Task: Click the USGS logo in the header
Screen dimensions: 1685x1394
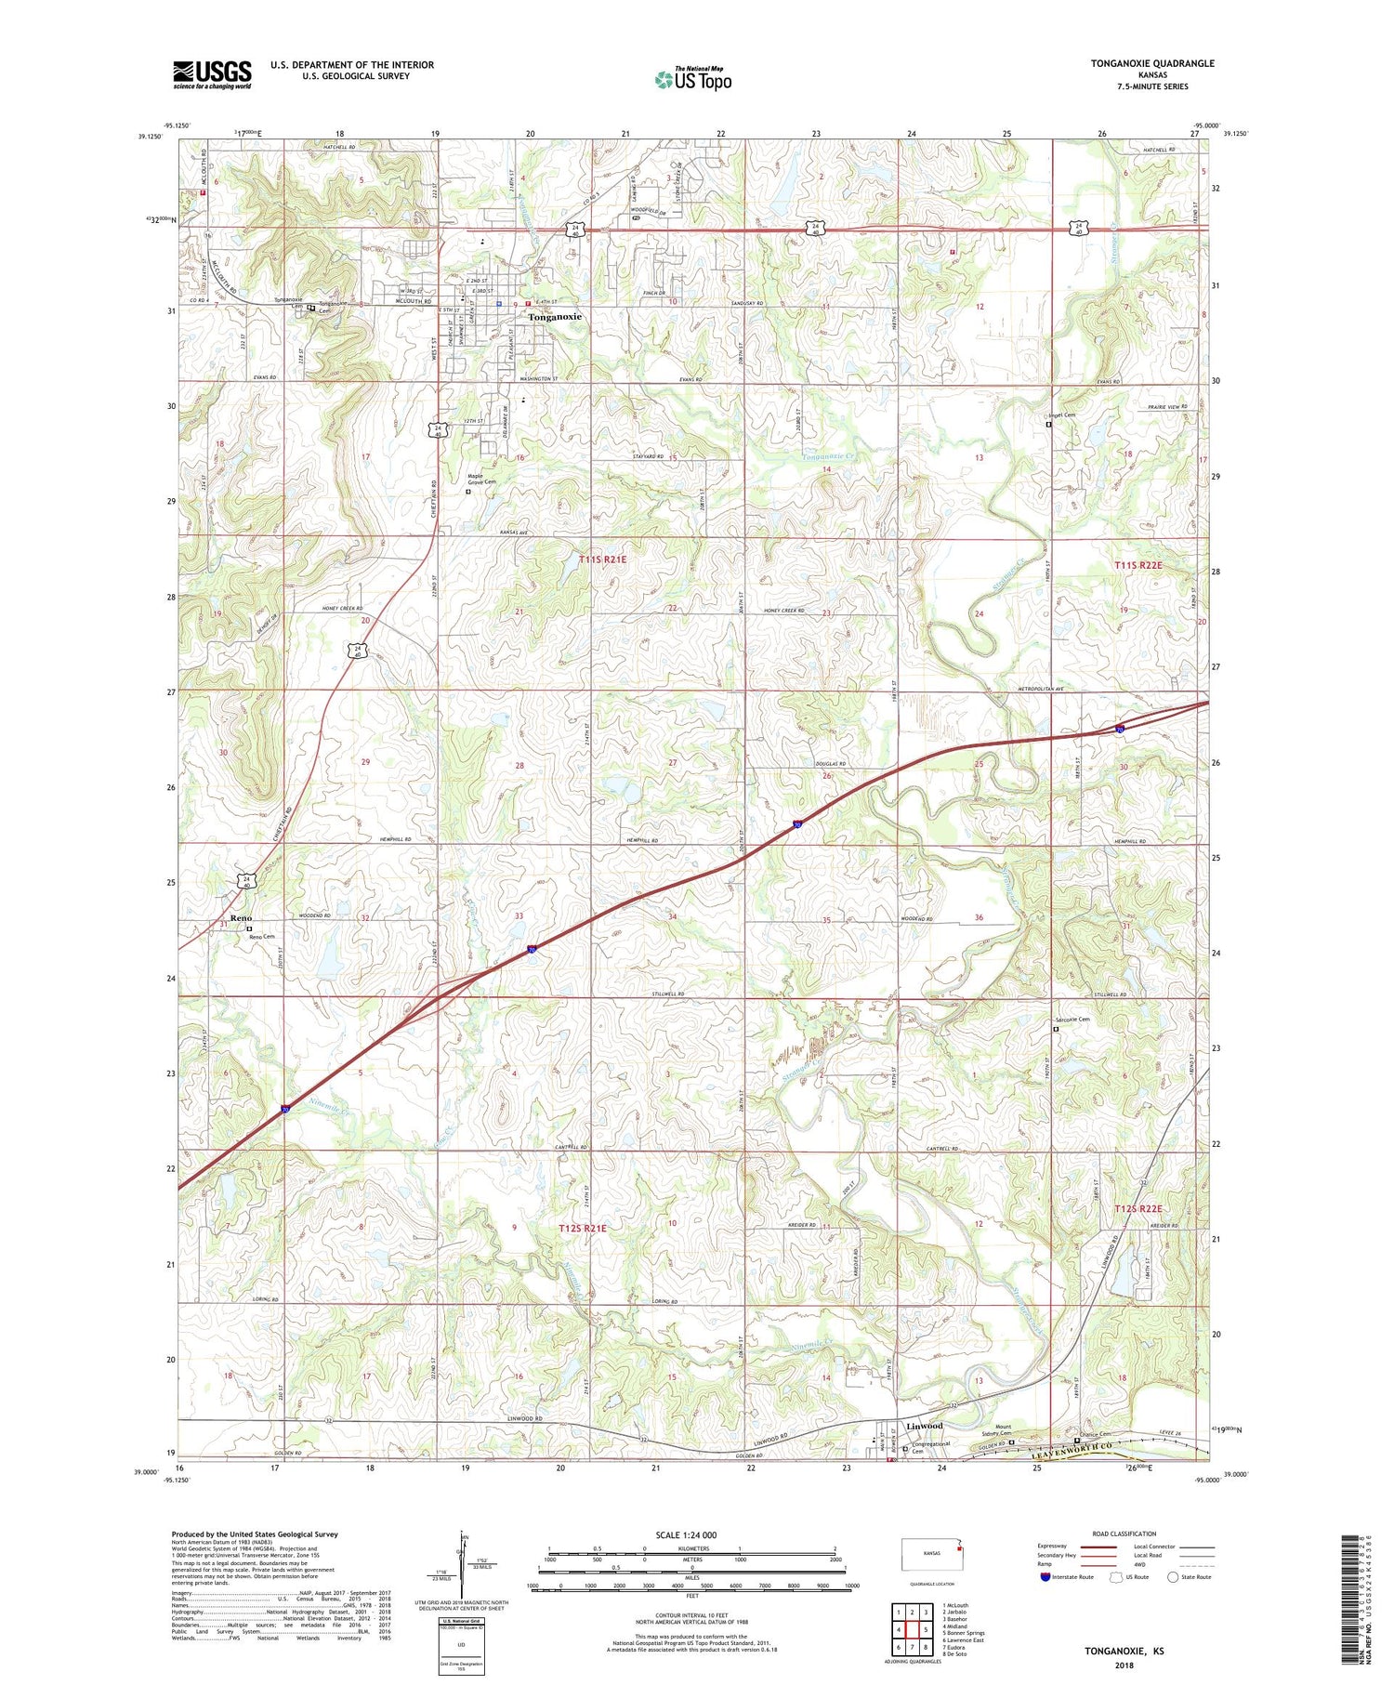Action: coord(212,74)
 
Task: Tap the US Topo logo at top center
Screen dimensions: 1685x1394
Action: coord(692,79)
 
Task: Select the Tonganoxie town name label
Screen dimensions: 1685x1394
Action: coord(555,317)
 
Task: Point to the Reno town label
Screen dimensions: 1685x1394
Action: coord(241,918)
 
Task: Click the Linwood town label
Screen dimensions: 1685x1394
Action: coord(924,1426)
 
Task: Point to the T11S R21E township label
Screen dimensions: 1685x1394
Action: coord(603,559)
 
